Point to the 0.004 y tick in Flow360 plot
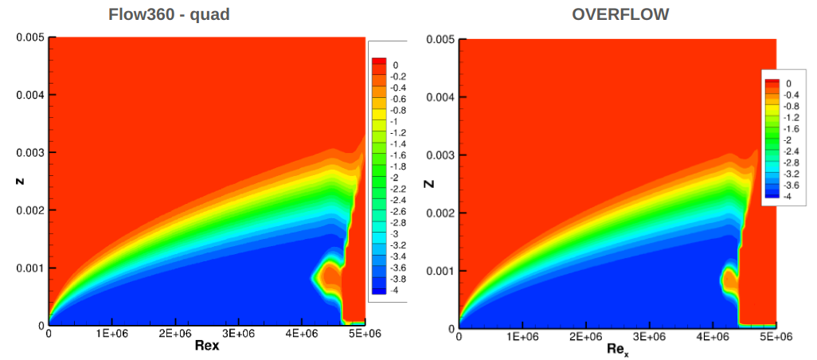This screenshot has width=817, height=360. (x=30, y=95)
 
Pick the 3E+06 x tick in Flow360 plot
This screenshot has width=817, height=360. (x=237, y=334)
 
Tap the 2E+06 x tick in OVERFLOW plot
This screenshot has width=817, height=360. (x=585, y=337)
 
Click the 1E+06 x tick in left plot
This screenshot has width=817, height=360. (x=112, y=334)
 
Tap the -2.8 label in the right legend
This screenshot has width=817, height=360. (x=793, y=162)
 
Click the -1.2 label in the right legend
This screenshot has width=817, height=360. (x=793, y=116)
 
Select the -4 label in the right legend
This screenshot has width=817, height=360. (x=789, y=196)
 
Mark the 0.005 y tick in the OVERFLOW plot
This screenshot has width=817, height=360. (x=441, y=39)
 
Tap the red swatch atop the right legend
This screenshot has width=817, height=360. (x=771, y=83)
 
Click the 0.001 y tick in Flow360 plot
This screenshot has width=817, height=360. (x=30, y=268)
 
